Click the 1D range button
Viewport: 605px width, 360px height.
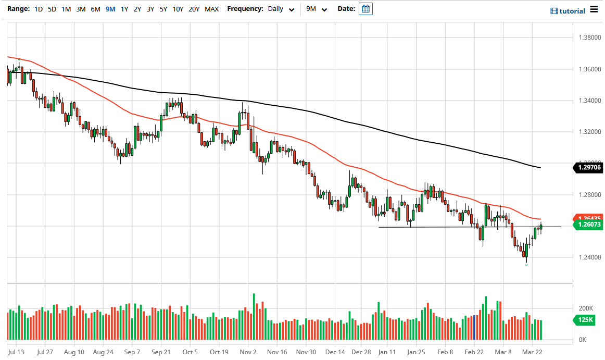click(39, 9)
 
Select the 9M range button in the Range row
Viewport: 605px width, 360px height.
click(110, 9)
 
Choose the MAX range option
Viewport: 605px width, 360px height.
click(211, 9)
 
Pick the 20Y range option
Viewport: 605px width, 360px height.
click(194, 9)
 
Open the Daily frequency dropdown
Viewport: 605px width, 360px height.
click(281, 9)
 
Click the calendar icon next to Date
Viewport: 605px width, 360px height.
click(365, 9)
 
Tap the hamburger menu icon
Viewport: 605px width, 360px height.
click(594, 10)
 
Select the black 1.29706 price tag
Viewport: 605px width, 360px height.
click(588, 168)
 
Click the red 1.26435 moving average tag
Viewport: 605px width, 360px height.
click(588, 218)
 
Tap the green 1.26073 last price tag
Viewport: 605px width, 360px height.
click(588, 225)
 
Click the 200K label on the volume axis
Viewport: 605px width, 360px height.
click(586, 308)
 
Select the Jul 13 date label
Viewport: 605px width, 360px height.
click(17, 352)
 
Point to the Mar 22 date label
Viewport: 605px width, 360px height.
click(534, 352)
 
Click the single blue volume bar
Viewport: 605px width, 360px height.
click(475, 328)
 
